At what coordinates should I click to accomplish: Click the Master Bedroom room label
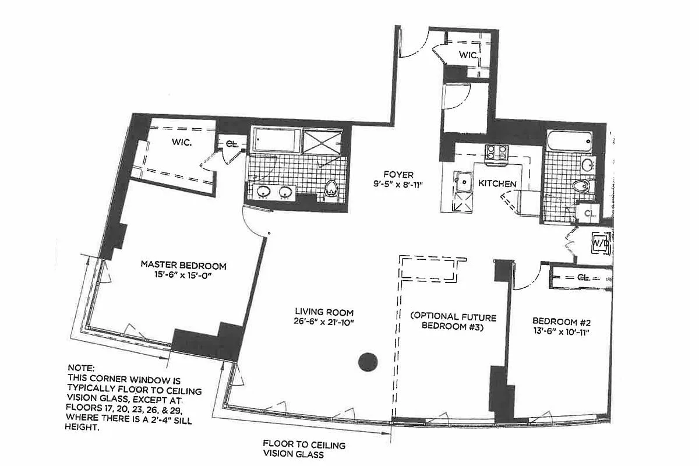(x=183, y=265)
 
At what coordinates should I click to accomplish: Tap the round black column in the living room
(x=368, y=362)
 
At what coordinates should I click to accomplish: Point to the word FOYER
(x=398, y=174)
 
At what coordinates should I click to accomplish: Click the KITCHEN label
(x=497, y=183)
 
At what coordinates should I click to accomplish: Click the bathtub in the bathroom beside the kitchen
(x=570, y=140)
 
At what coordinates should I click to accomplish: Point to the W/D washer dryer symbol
(x=599, y=241)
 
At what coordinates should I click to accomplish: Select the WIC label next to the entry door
(x=468, y=55)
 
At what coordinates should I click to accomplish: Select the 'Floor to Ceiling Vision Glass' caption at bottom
(x=303, y=450)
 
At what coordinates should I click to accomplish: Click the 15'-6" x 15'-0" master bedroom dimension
(x=183, y=276)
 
